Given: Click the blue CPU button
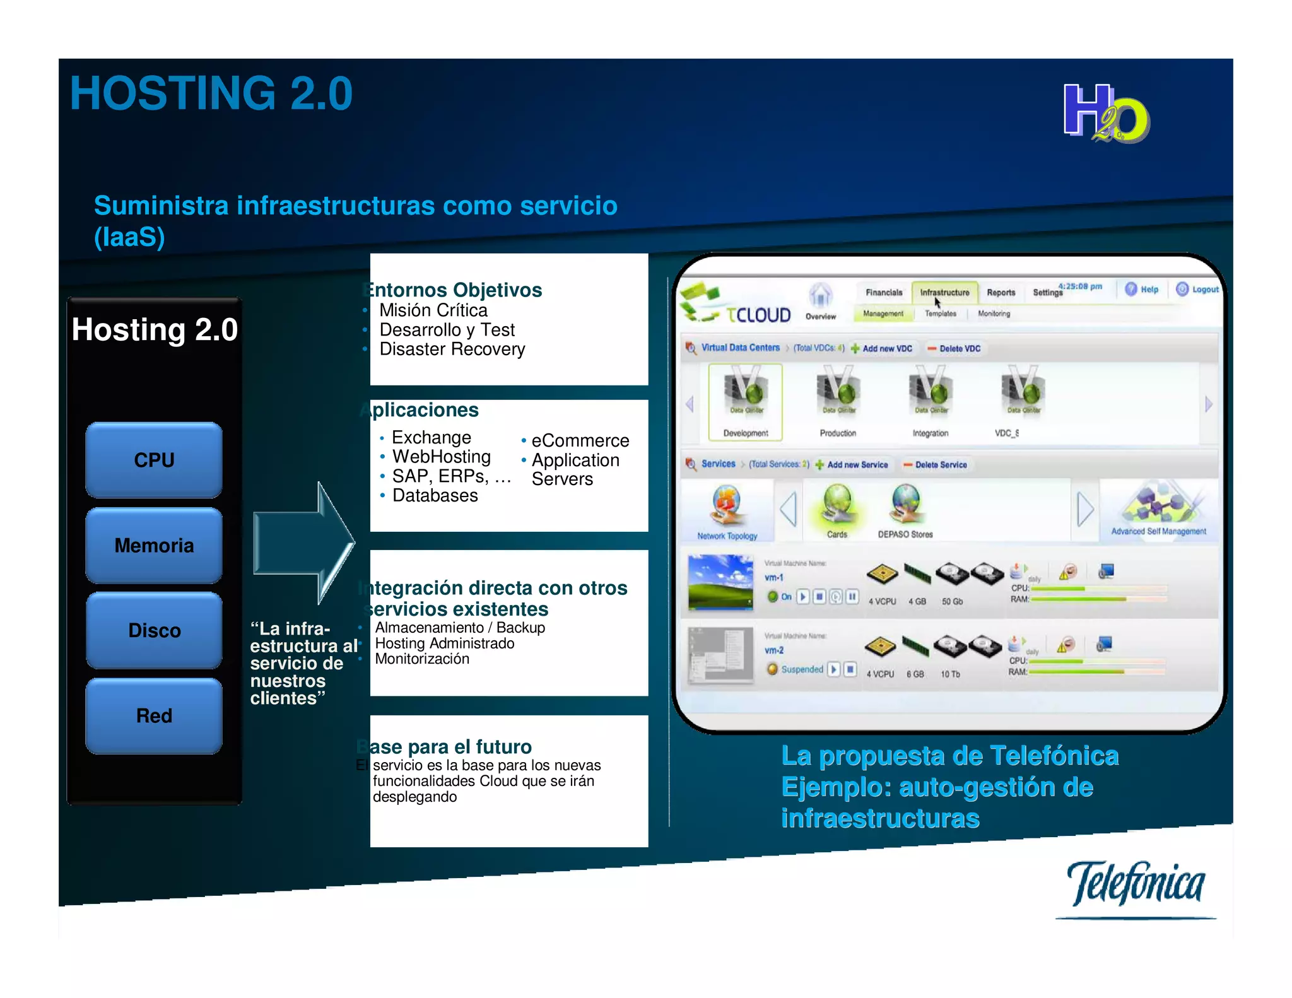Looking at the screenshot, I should pos(154,460).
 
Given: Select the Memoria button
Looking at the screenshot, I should pos(154,545).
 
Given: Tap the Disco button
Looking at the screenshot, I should pos(154,630).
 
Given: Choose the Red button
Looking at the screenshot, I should pos(154,715).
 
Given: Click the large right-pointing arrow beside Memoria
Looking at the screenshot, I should pos(303,543).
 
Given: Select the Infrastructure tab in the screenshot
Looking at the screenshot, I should pos(944,293).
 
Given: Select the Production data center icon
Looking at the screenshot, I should pos(838,394).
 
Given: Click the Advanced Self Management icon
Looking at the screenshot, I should pos(1158,505).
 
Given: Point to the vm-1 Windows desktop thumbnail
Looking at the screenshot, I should pos(720,582).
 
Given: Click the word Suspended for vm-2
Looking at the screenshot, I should pos(802,669).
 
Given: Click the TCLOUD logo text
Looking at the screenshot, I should pos(758,315).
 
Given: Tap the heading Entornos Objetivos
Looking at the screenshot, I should pos(454,290).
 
